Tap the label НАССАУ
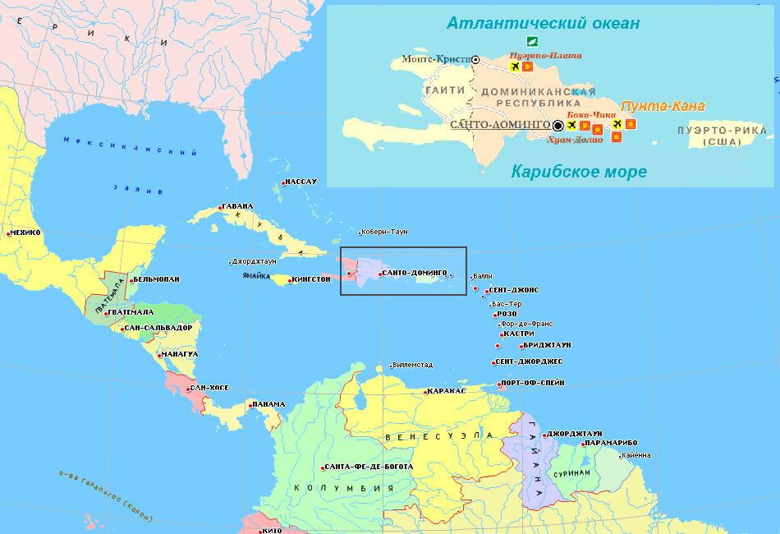(301, 181)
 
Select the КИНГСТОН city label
(311, 279)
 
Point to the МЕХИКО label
(25, 232)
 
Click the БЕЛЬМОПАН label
(157, 279)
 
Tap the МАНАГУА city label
(181, 354)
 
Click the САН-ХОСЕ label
(209, 388)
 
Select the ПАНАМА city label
(269, 404)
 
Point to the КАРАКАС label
(447, 391)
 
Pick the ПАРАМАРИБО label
(613, 444)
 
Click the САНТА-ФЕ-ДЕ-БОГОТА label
(369, 467)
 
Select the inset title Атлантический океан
(543, 23)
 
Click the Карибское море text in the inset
(579, 172)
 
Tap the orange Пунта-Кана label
(662, 107)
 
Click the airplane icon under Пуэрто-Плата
(515, 67)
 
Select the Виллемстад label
(413, 365)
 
